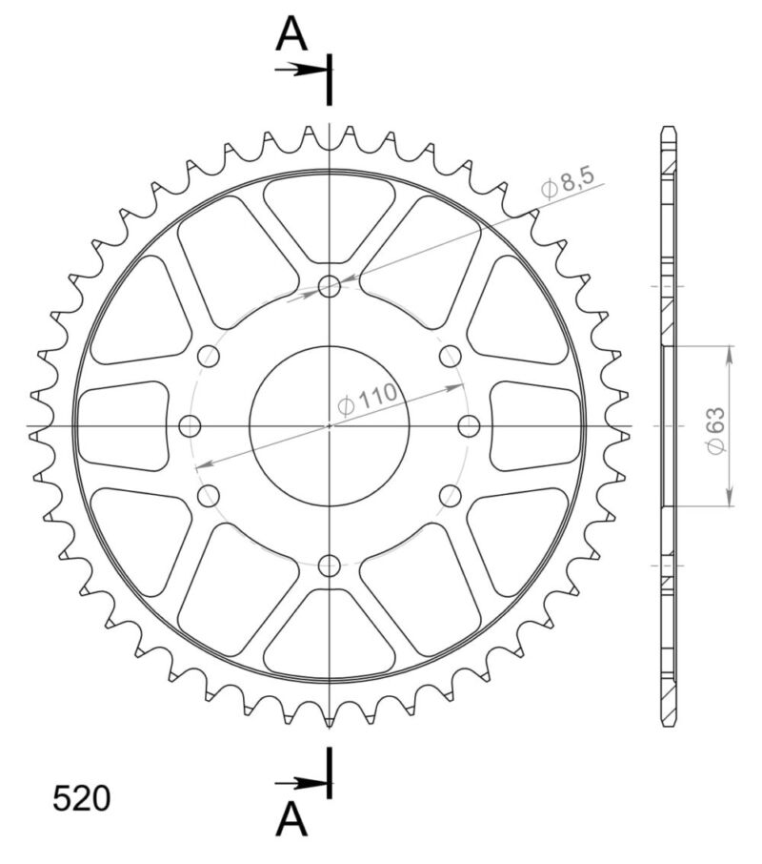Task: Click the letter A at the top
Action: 291,35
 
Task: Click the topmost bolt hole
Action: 330,285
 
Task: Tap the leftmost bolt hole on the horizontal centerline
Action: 190,425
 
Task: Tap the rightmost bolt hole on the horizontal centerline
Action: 470,425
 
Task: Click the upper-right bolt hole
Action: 450,356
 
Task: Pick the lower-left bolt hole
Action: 209,495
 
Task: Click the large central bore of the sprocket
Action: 330,425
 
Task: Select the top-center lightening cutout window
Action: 330,212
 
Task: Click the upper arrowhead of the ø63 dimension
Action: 730,353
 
